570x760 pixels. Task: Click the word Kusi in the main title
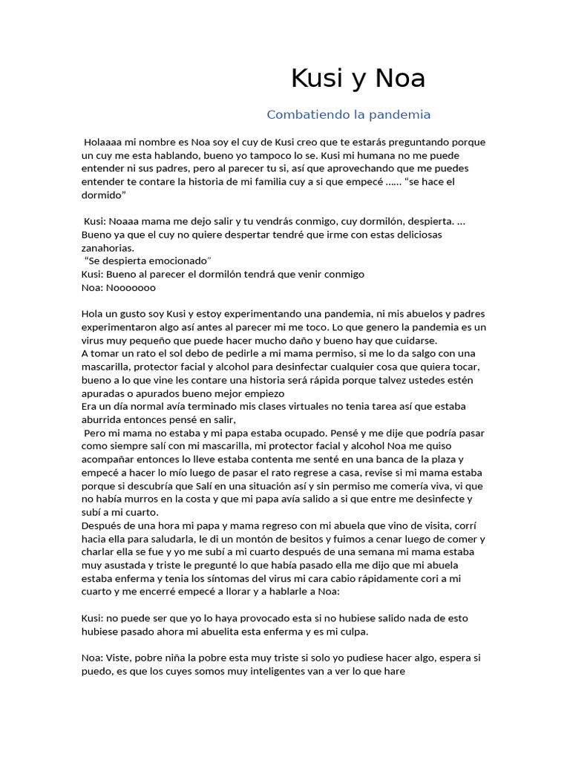pyautogui.click(x=314, y=79)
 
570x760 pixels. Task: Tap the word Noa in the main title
pyautogui.click(x=402, y=79)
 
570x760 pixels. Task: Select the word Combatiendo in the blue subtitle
pyautogui.click(x=302, y=115)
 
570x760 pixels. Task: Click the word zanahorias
pyautogui.click(x=108, y=248)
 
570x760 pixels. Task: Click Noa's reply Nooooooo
pyautogui.click(x=131, y=287)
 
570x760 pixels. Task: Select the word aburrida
pyautogui.click(x=102, y=420)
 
